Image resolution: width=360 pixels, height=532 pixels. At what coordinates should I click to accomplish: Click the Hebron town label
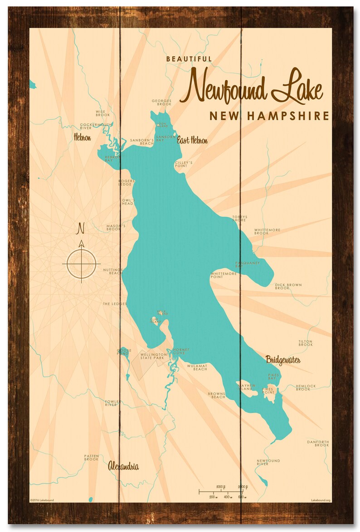pyautogui.click(x=83, y=137)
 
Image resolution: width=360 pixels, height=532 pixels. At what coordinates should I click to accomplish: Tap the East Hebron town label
pyautogui.click(x=192, y=140)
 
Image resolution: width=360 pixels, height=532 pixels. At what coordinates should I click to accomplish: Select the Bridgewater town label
pyautogui.click(x=283, y=360)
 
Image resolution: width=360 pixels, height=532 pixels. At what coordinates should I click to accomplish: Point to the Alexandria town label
pyautogui.click(x=123, y=466)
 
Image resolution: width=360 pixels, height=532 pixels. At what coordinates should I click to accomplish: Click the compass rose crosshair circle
pyautogui.click(x=82, y=263)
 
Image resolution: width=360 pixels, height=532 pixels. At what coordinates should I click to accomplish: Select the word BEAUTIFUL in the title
pyautogui.click(x=189, y=59)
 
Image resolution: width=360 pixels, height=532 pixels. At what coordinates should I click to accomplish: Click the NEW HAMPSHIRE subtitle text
pyautogui.click(x=269, y=116)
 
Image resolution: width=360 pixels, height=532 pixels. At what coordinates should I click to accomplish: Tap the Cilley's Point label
pyautogui.click(x=184, y=164)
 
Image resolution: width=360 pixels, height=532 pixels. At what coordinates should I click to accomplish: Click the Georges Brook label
pyautogui.click(x=161, y=102)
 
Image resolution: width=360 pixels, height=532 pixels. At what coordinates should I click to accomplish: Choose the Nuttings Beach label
pyautogui.click(x=113, y=271)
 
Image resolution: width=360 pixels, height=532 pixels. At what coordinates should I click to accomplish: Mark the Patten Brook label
pyautogui.click(x=91, y=458)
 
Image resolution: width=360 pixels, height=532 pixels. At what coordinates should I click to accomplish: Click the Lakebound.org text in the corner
pyautogui.click(x=321, y=500)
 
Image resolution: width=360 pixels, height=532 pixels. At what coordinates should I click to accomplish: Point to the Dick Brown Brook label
pyautogui.click(x=288, y=286)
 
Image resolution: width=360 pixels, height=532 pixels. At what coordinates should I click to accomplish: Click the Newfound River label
pyautogui.click(x=268, y=462)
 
